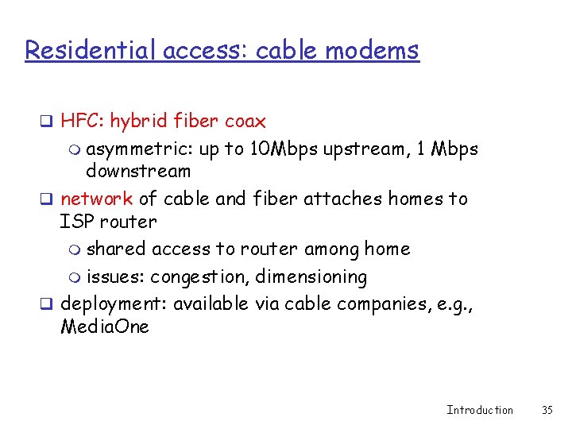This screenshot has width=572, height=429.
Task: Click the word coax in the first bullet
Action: (x=245, y=122)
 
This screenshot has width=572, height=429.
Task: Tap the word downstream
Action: (x=138, y=171)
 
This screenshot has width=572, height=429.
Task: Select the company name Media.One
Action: (x=105, y=327)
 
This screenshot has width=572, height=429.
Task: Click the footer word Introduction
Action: (x=480, y=410)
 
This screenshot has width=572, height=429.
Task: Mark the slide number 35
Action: (x=547, y=410)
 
